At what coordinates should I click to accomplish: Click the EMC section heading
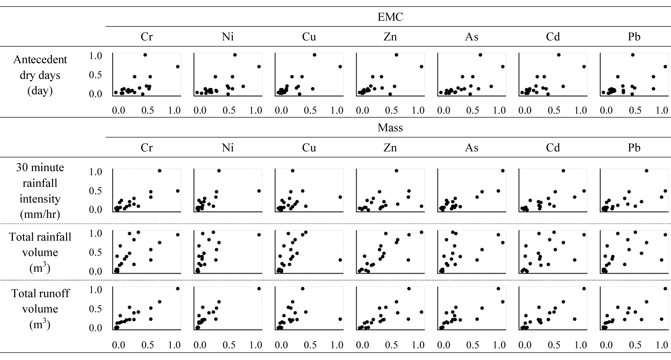pos(390,17)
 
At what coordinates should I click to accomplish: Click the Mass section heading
pos(390,128)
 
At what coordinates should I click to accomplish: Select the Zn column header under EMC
pos(390,36)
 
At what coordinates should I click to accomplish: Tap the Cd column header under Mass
pos(553,147)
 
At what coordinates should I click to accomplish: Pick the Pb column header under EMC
pos(634,36)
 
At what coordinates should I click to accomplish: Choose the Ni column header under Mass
pos(228,147)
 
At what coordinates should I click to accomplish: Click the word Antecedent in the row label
pos(40,59)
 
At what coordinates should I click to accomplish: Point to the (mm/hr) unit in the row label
pos(40,214)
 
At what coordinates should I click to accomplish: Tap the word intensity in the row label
pos(40,199)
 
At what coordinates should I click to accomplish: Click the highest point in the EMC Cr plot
pos(145,55)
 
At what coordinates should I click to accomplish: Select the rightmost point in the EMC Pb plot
pos(665,67)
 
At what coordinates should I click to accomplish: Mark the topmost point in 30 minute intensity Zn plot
pos(396,171)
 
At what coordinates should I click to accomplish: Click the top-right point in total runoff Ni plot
pos(259,288)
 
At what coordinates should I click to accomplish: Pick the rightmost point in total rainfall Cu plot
pos(340,260)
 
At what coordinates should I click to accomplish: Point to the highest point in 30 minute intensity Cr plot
pos(159,171)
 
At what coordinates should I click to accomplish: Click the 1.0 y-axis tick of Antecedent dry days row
pos(96,55)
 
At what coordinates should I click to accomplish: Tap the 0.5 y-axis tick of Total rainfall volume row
pos(96,252)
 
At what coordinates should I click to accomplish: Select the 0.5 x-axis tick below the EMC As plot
pos(473,110)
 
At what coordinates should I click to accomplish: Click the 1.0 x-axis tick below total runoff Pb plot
pos(662,345)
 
